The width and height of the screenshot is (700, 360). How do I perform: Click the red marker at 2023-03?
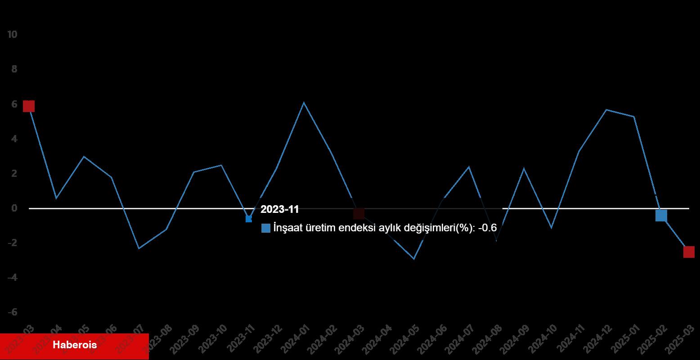(x=28, y=106)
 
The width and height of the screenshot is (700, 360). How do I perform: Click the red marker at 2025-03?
(x=689, y=252)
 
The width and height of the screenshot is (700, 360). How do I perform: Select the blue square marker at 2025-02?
(x=661, y=216)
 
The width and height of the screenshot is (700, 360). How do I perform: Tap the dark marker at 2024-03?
(x=359, y=214)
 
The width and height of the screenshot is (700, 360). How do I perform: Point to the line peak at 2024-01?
(x=304, y=103)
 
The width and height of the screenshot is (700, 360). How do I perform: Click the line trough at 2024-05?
(x=414, y=259)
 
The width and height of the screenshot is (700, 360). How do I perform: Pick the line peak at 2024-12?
(x=606, y=110)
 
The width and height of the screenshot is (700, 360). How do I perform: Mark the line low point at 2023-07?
(x=139, y=248)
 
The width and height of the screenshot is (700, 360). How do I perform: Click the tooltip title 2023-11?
(x=279, y=210)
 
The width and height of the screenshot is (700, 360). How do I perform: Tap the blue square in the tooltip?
(x=266, y=228)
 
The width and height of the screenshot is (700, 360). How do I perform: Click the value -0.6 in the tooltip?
(x=487, y=228)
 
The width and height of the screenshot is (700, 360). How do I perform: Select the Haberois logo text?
(x=75, y=346)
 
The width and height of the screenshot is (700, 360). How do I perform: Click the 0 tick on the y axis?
(x=14, y=208)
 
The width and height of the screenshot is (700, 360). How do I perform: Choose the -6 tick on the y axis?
(x=12, y=312)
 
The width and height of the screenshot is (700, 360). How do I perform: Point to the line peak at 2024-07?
(x=469, y=167)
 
